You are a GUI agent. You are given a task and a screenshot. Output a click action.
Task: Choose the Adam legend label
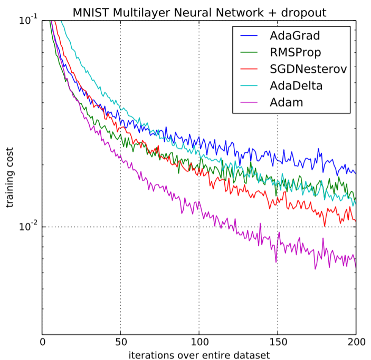pyautogui.click(x=286, y=102)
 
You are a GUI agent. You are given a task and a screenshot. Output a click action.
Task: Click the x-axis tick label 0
pyautogui.click(x=43, y=342)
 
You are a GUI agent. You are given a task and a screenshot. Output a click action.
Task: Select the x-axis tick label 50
pyautogui.click(x=121, y=342)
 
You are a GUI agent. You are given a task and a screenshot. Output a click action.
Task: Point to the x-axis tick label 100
pyautogui.click(x=199, y=342)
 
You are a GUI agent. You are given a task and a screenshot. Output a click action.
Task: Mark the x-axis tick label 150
pyautogui.click(x=278, y=342)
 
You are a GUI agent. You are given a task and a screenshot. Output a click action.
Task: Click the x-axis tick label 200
pyautogui.click(x=356, y=342)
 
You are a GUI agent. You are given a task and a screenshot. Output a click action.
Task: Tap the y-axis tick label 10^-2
pyautogui.click(x=27, y=227)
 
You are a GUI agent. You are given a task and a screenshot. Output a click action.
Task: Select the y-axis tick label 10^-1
pyautogui.click(x=27, y=21)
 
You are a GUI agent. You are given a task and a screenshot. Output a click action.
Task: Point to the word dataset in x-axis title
pyautogui.click(x=251, y=355)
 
